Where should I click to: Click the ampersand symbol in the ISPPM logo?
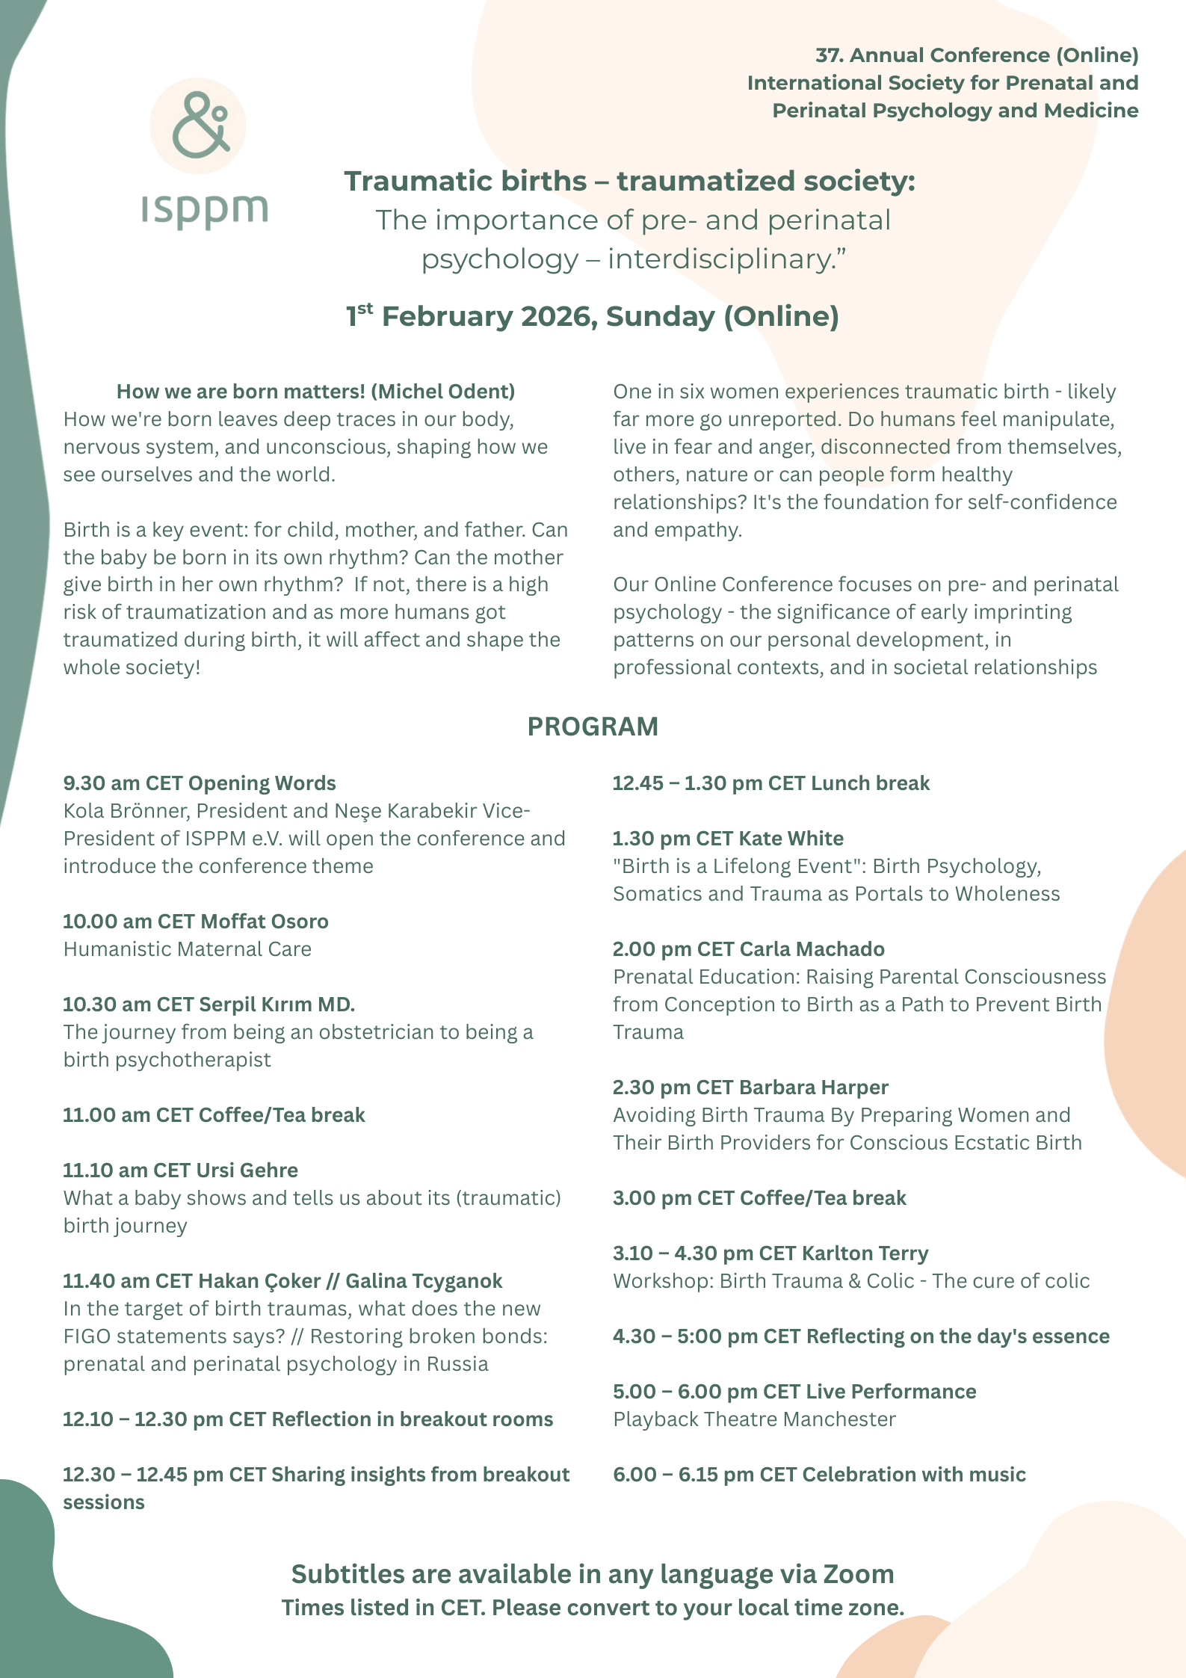199,125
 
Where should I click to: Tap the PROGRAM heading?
593,727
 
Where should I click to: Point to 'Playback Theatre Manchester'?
754,1419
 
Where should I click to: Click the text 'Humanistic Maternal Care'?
188,948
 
